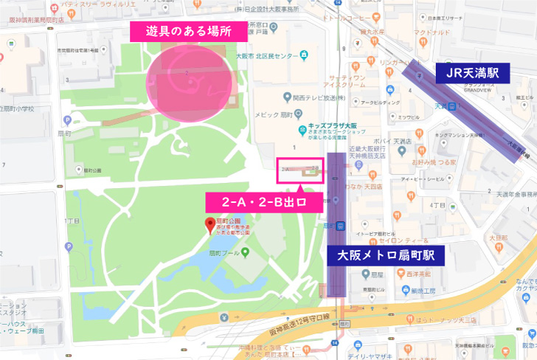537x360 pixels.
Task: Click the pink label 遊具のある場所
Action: (x=180, y=31)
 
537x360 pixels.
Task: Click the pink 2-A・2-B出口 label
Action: (x=264, y=201)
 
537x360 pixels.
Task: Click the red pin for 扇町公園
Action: (x=209, y=224)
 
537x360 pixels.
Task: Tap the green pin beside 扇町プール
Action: (x=245, y=253)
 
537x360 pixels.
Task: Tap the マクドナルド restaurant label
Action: (x=432, y=32)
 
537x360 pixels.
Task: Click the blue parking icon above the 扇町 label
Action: (x=69, y=120)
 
